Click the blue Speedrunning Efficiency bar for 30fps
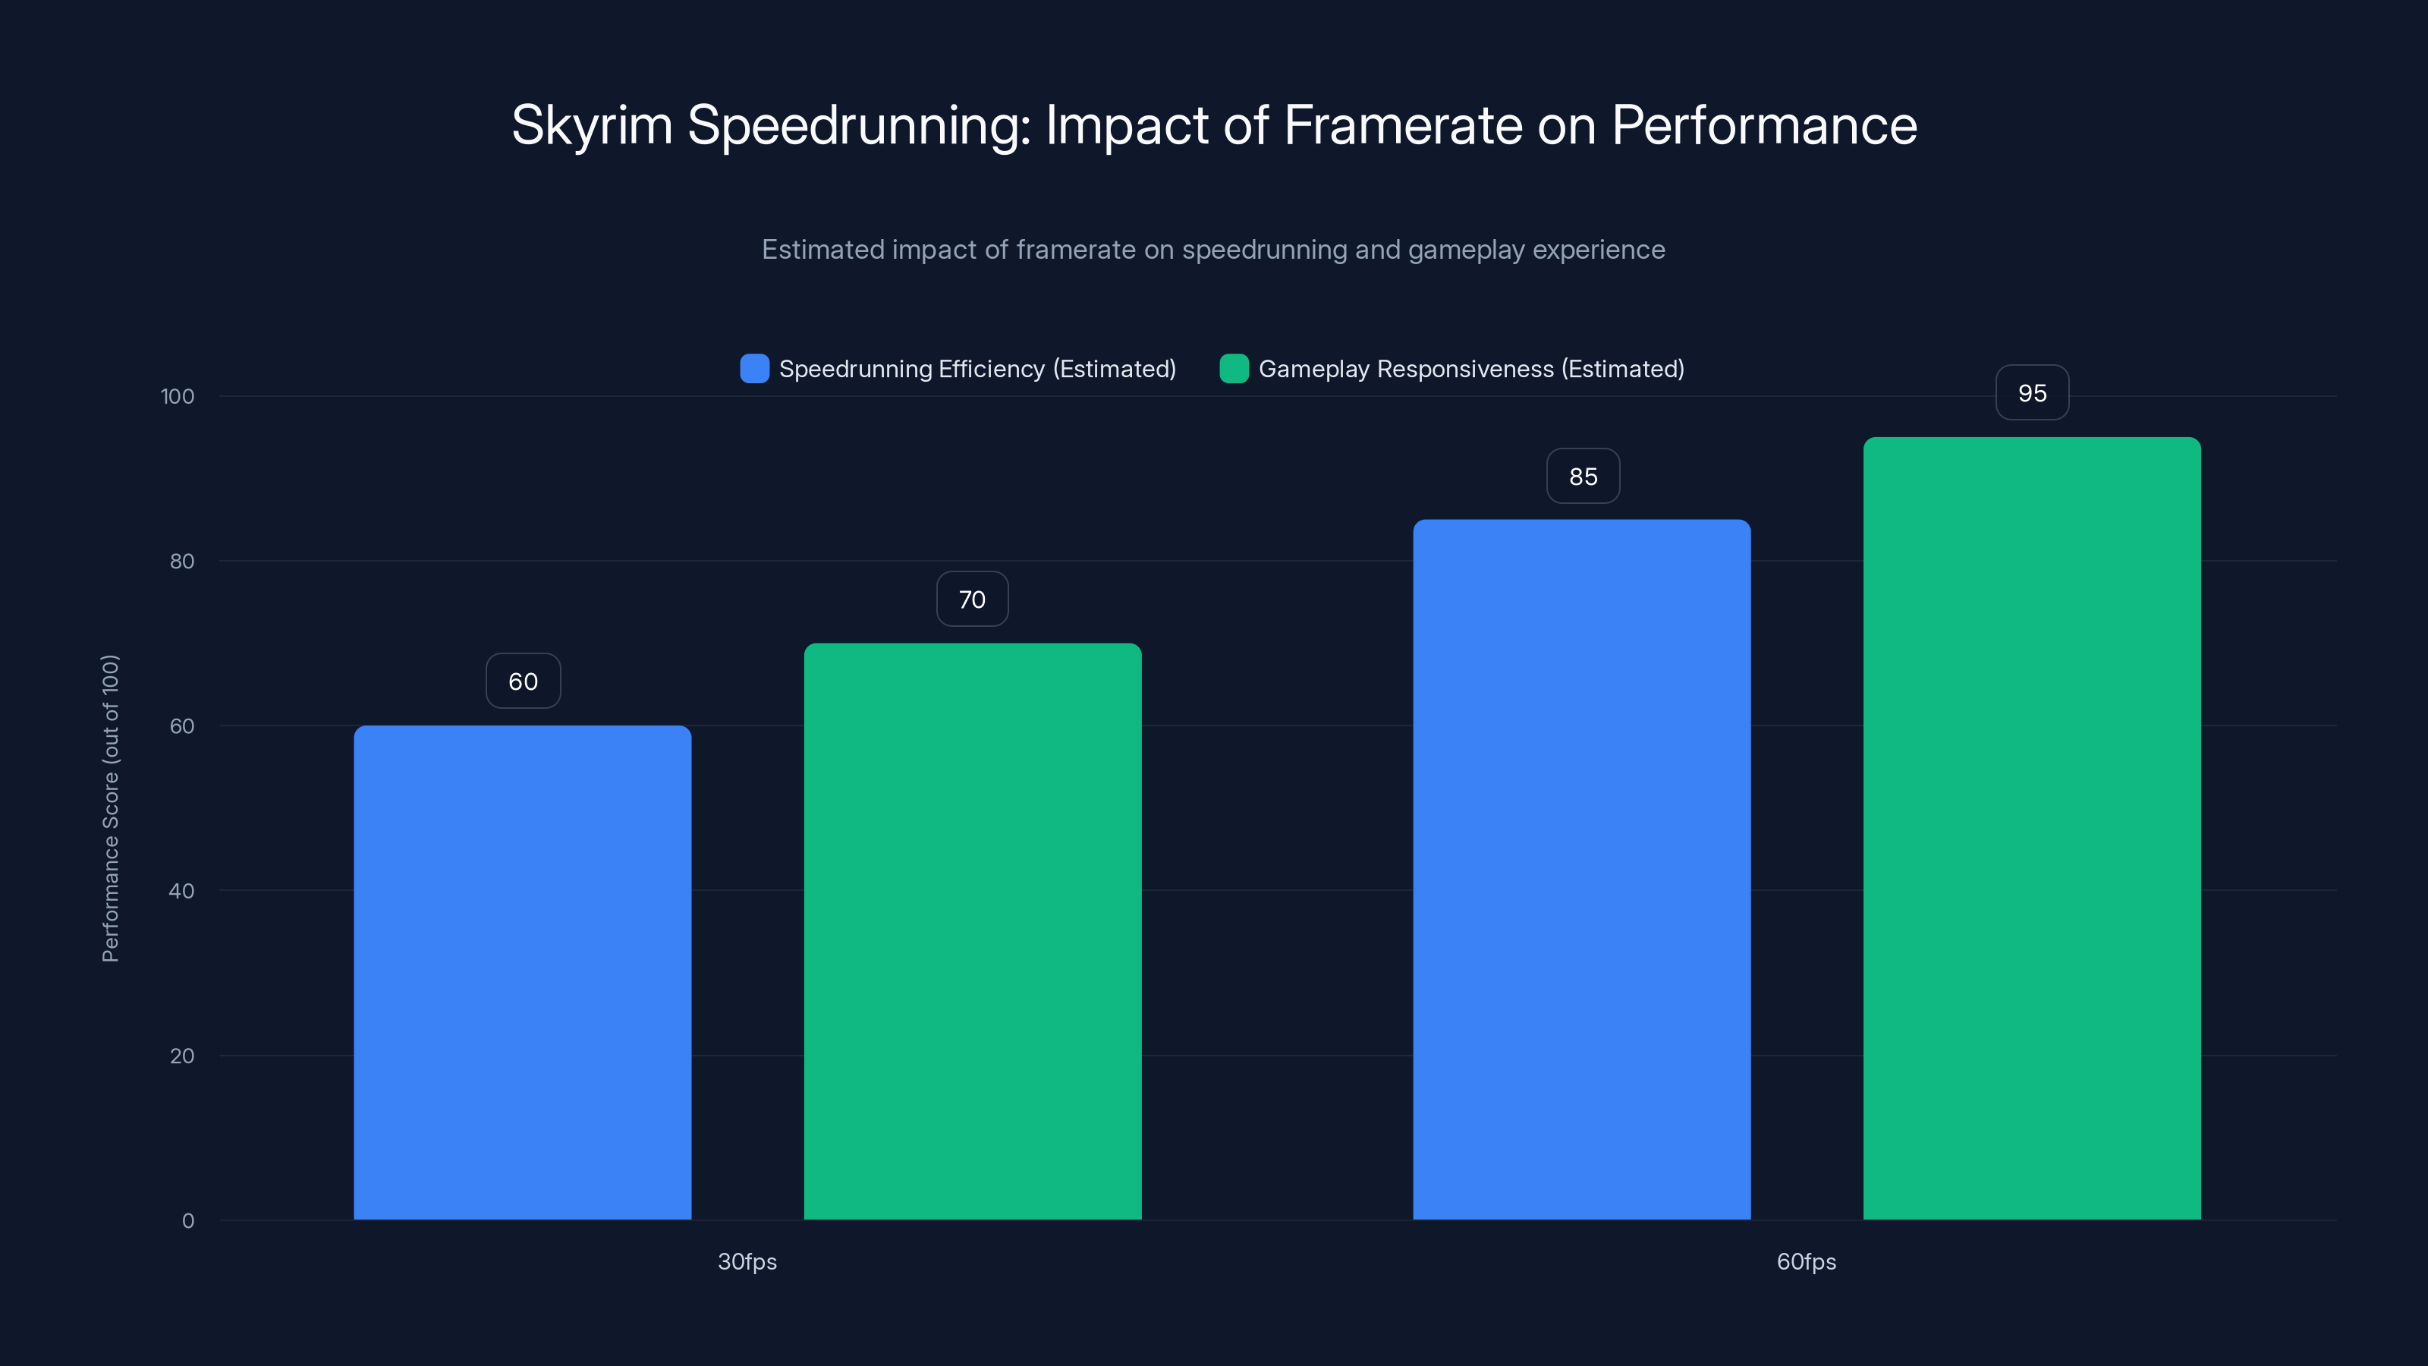[522, 971]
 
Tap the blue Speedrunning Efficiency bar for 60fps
[1581, 868]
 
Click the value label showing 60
[523, 681]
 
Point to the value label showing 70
[972, 599]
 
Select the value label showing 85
[1583, 476]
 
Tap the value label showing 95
[2032, 392]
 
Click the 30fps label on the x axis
[747, 1261]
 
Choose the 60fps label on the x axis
[1806, 1261]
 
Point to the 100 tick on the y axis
[178, 396]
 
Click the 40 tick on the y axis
[181, 891]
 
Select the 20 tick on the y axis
[181, 1056]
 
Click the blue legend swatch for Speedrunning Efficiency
[754, 369]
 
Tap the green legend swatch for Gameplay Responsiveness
[1234, 369]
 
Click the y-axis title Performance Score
[110, 808]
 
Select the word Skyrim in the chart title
[591, 125]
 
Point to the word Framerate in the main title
[1402, 125]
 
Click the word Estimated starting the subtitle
[822, 249]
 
